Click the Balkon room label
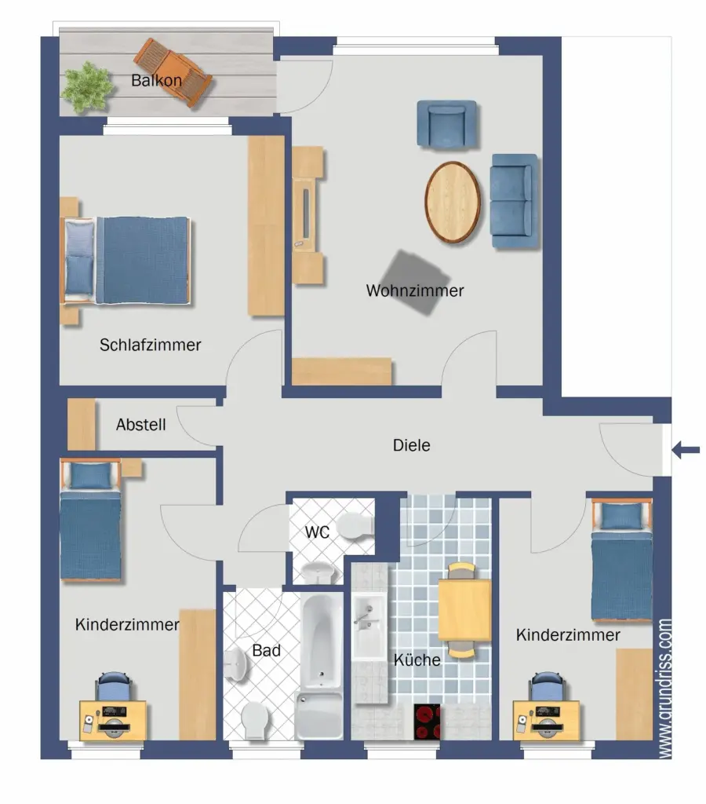[156, 81]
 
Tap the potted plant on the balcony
[87, 87]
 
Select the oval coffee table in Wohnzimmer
[453, 202]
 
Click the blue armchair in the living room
[447, 124]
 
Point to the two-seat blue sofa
[515, 201]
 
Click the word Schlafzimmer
[150, 345]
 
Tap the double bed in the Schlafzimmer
[126, 261]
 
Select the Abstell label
[141, 425]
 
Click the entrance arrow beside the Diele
[686, 450]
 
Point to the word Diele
[411, 445]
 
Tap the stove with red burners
[427, 722]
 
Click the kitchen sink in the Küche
[369, 626]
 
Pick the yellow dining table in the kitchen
[464, 610]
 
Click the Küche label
[417, 660]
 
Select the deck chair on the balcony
[173, 72]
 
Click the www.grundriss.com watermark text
[664, 688]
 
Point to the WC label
[317, 532]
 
